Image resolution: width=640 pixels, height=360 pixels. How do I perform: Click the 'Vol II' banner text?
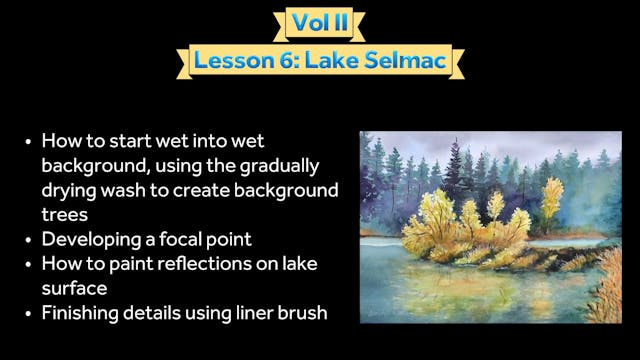click(x=319, y=22)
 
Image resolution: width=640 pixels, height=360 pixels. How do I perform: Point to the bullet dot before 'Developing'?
click(x=28, y=239)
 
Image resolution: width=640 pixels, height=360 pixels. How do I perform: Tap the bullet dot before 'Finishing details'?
click(x=28, y=314)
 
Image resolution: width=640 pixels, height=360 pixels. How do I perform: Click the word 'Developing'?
click(x=89, y=239)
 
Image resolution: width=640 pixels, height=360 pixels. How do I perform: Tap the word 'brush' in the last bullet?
click(x=300, y=314)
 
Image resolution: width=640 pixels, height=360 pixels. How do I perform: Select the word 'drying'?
click(x=68, y=189)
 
